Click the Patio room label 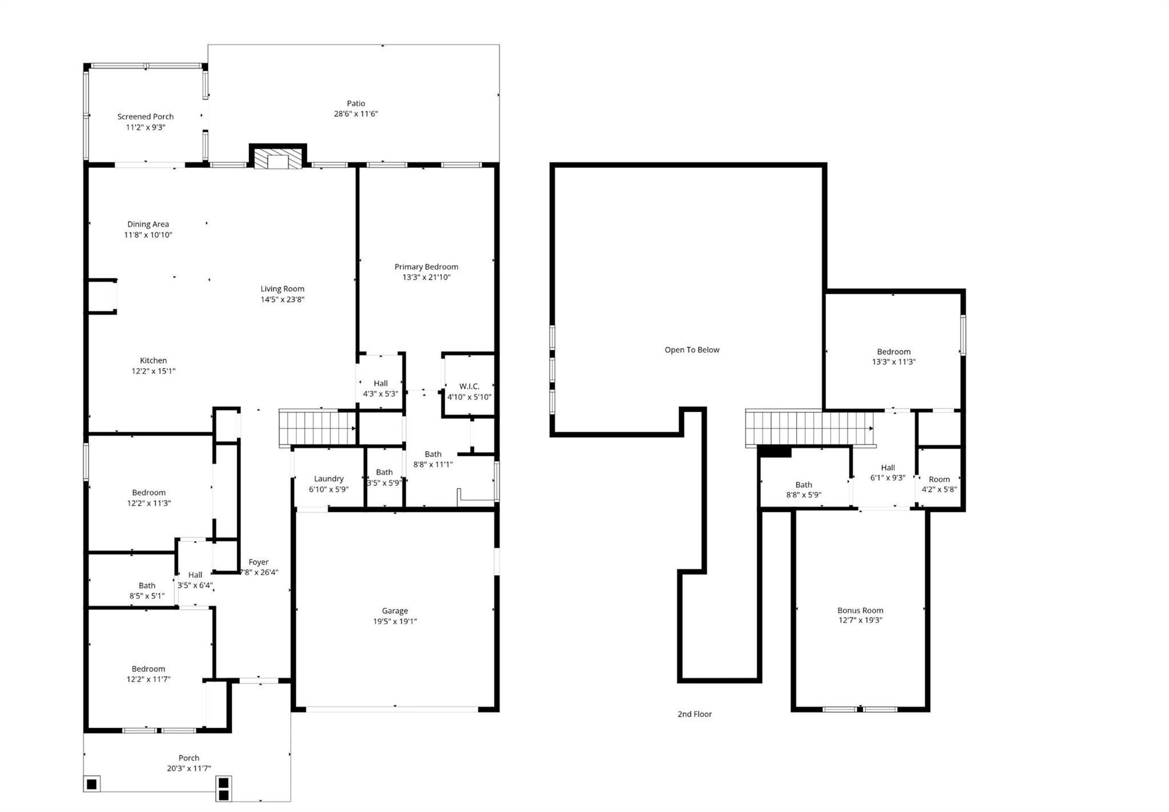(x=356, y=103)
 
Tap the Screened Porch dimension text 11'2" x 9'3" (x=146, y=127)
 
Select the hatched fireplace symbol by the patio (x=278, y=159)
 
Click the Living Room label (x=283, y=289)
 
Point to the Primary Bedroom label (x=426, y=266)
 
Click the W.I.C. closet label (x=469, y=386)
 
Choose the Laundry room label (x=329, y=479)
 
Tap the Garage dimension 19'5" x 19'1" (x=395, y=621)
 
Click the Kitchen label (x=154, y=361)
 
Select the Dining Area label (x=148, y=224)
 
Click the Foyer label (x=259, y=562)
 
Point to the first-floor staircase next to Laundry (x=317, y=428)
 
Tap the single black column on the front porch (x=91, y=784)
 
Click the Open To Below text (x=692, y=350)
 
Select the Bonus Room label (x=860, y=610)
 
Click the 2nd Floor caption (x=695, y=714)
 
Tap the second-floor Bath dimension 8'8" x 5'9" (x=804, y=495)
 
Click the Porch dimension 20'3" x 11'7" (x=189, y=769)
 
